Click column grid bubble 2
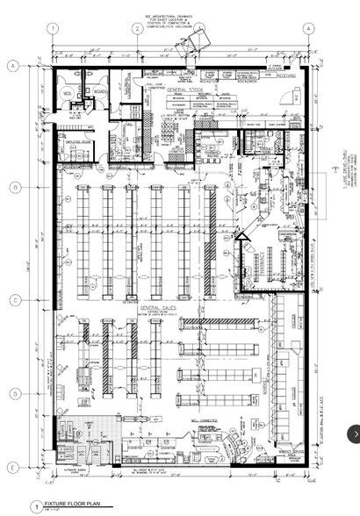138,28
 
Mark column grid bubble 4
309,28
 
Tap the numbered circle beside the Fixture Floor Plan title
36,506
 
